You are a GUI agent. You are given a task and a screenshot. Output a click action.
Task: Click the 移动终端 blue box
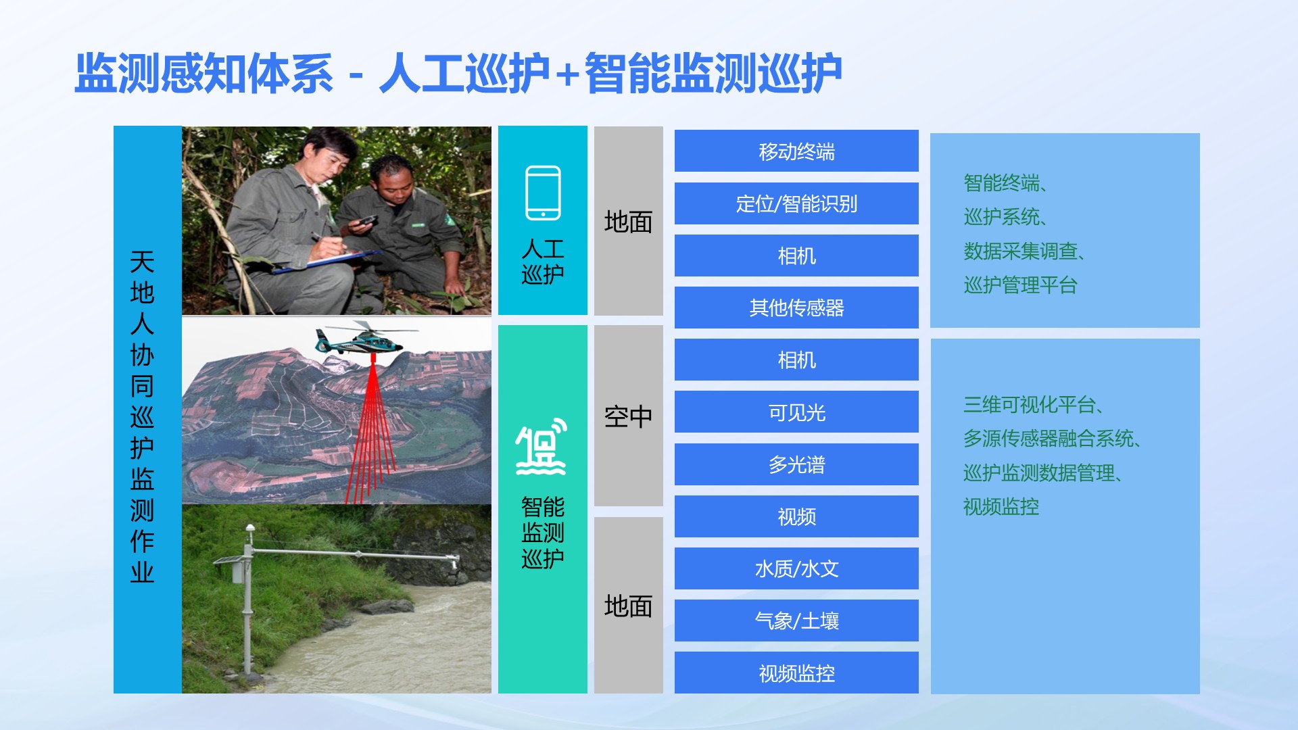tap(796, 151)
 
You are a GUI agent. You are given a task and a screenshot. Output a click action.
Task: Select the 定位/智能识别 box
tap(796, 203)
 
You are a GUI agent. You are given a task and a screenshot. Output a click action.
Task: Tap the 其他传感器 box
tap(796, 308)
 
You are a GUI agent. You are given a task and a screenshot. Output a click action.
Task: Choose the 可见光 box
tap(796, 412)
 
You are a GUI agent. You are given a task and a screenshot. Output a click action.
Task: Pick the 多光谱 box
tap(796, 464)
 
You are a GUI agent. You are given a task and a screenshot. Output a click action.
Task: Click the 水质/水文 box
tap(796, 568)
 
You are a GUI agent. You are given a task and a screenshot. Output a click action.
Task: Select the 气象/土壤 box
tap(796, 620)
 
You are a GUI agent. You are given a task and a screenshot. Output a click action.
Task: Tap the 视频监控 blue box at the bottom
tap(796, 673)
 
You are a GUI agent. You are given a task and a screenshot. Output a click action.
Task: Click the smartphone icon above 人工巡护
tap(543, 193)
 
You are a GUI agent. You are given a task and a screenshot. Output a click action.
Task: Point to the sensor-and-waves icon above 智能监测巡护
tap(542, 447)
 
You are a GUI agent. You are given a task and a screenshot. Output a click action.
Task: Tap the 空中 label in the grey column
tap(628, 416)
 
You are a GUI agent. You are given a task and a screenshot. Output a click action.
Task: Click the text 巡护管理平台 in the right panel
tap(1020, 285)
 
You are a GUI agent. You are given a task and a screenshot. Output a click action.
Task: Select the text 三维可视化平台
tap(1029, 405)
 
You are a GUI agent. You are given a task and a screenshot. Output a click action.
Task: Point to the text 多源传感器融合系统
tap(1049, 439)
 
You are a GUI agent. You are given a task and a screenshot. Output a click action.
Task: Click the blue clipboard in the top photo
tap(324, 261)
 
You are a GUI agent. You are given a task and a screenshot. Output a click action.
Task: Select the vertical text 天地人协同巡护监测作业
tap(142, 417)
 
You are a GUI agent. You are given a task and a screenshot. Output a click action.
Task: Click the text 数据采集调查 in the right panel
tap(1020, 251)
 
